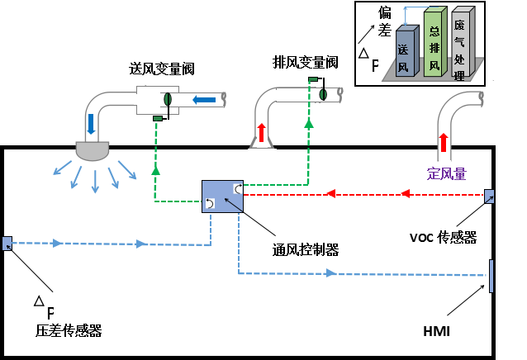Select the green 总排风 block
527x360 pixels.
[434, 44]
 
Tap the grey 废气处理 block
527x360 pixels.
[460, 44]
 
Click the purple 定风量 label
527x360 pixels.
[446, 173]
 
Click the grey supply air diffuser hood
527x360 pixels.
[93, 150]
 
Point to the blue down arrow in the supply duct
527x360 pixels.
[91, 124]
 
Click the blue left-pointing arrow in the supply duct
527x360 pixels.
[204, 100]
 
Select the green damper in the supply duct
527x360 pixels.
[168, 100]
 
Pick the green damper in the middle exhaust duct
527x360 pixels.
[323, 94]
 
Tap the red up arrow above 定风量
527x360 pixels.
[444, 142]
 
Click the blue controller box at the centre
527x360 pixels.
[222, 197]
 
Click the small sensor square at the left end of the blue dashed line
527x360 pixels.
[7, 244]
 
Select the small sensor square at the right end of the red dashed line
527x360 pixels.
[489, 197]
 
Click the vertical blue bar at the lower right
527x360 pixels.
[491, 276]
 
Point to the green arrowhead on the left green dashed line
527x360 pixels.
[155, 169]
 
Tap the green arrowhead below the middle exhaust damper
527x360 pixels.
[309, 123]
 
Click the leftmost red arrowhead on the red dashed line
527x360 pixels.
[330, 194]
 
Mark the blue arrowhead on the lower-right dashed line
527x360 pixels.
[331, 272]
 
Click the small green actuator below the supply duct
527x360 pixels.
[157, 119]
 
